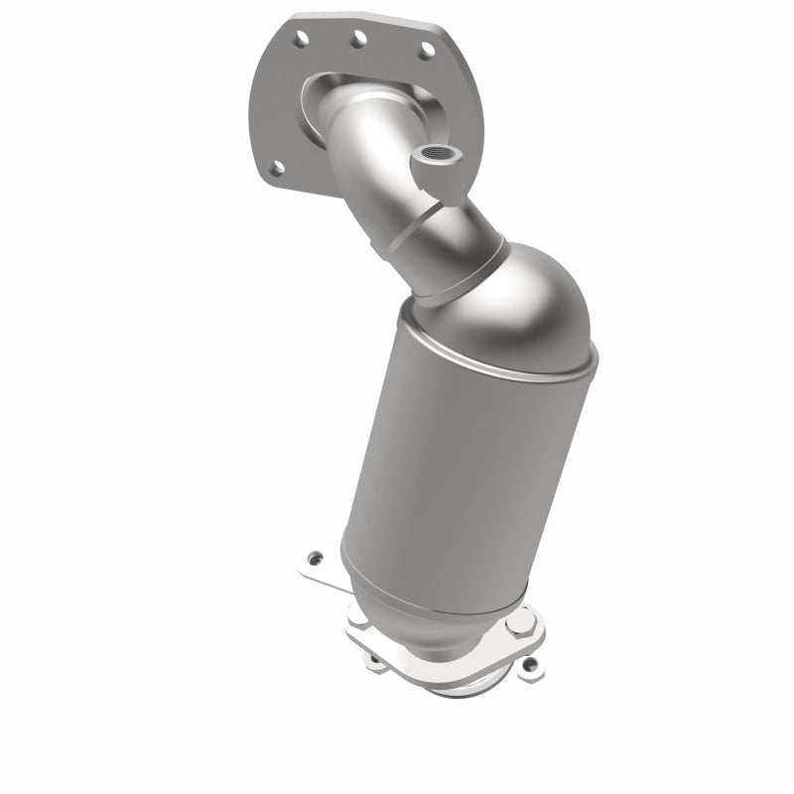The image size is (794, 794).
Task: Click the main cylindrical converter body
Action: tap(447, 457)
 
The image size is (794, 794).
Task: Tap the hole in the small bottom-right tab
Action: tap(532, 663)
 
